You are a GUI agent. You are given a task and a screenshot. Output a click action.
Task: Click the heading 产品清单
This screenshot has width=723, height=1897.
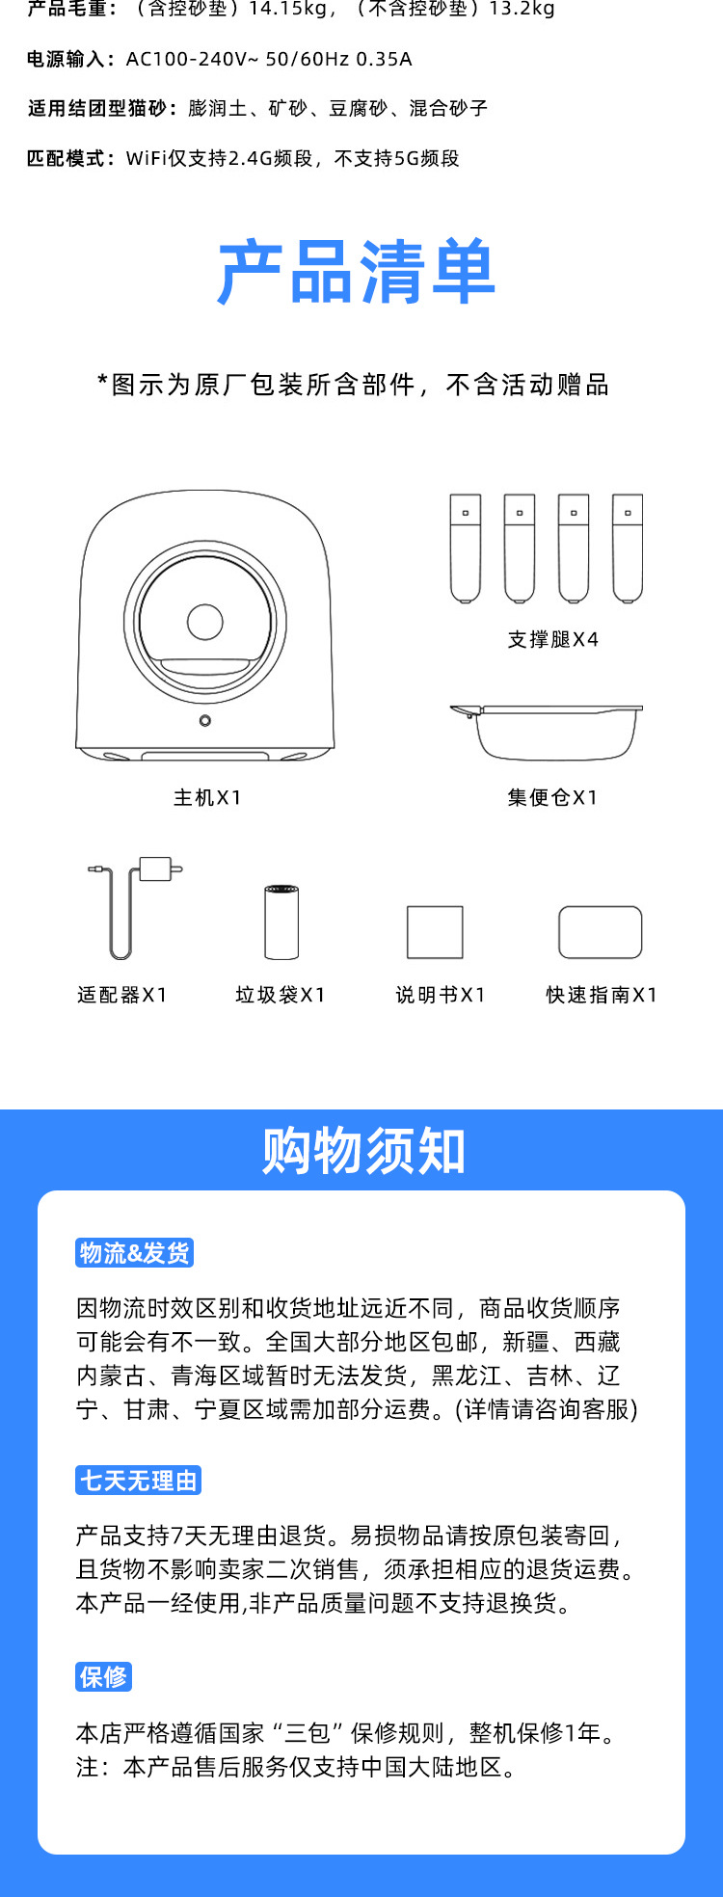point(357,272)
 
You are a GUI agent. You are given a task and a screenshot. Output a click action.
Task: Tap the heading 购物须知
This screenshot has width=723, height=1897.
point(363,1151)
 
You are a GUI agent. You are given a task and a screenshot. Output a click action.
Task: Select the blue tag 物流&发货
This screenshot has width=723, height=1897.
point(134,1253)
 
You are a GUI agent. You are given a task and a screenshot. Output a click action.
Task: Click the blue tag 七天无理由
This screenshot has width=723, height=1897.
point(138,1481)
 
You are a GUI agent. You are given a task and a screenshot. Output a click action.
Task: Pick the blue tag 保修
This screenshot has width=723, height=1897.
point(103,1677)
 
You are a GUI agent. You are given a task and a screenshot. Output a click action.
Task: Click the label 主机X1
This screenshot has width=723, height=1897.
point(207,798)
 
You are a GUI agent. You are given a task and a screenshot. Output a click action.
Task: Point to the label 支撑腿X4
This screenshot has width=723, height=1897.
point(553,640)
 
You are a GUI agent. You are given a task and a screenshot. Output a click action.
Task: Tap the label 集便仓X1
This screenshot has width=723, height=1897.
point(552,798)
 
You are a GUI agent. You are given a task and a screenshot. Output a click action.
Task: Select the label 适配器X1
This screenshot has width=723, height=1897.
point(122,995)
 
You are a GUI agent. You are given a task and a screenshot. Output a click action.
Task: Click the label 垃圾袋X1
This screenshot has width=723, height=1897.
point(281,995)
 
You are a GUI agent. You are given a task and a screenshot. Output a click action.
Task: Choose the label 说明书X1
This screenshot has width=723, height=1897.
point(441,995)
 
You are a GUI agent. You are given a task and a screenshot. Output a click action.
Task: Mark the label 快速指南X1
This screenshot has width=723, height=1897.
point(602,995)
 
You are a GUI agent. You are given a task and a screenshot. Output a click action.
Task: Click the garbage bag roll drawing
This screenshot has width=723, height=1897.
point(281,922)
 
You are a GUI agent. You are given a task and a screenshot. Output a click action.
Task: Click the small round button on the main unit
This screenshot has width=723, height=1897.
point(205,721)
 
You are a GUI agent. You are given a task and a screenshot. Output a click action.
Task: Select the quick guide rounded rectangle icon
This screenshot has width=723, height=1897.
point(600,932)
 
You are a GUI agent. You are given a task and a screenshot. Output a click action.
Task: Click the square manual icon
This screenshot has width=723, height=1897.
point(435,932)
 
